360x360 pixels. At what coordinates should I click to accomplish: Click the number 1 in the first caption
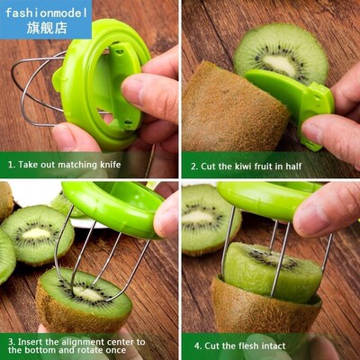coord(10,165)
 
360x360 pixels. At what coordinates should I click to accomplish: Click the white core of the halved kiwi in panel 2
coord(280,64)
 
